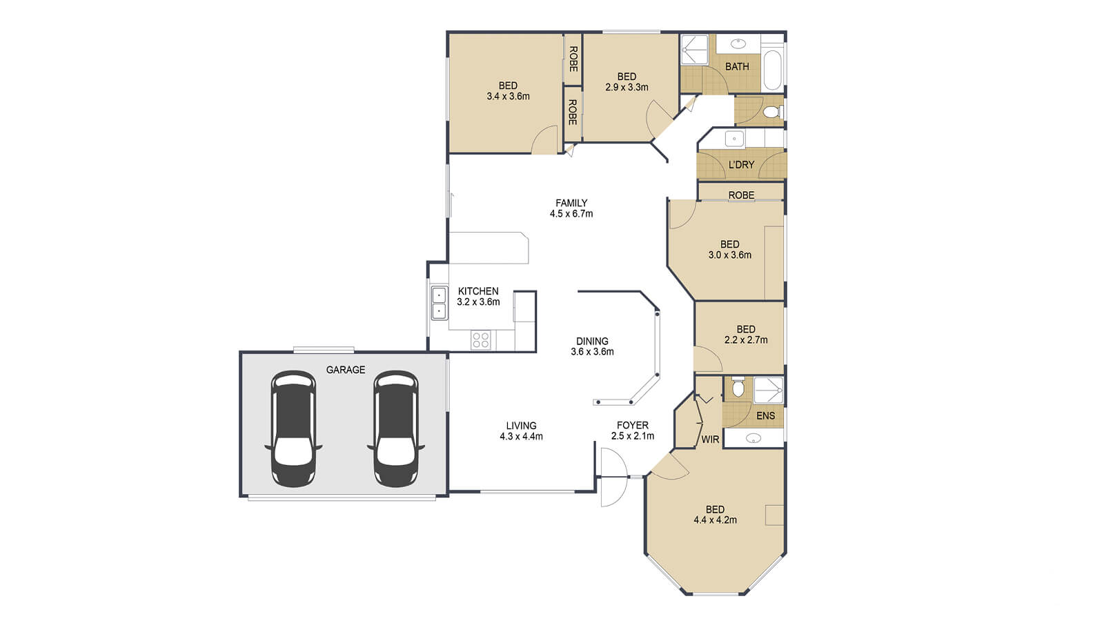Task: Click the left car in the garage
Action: (x=293, y=429)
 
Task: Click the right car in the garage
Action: (x=395, y=429)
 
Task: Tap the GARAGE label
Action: (x=346, y=371)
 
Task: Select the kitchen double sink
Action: (x=439, y=304)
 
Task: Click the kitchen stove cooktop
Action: (x=480, y=339)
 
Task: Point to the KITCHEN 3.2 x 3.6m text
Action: (x=478, y=297)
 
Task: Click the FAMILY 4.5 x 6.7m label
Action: (x=571, y=208)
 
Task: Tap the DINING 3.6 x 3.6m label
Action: (x=592, y=346)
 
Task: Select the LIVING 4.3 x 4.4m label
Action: (x=521, y=431)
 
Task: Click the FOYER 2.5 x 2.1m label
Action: (x=632, y=431)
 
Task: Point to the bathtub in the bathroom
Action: (x=773, y=69)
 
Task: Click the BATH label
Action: (x=737, y=67)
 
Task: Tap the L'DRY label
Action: (x=741, y=165)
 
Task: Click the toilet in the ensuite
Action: (x=738, y=387)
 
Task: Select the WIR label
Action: (x=710, y=440)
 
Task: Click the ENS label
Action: (x=765, y=415)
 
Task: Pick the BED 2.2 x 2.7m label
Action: (x=745, y=335)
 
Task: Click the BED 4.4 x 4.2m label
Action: (x=715, y=515)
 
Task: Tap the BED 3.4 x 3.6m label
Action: (x=508, y=91)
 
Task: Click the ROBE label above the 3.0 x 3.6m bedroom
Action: (x=741, y=195)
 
